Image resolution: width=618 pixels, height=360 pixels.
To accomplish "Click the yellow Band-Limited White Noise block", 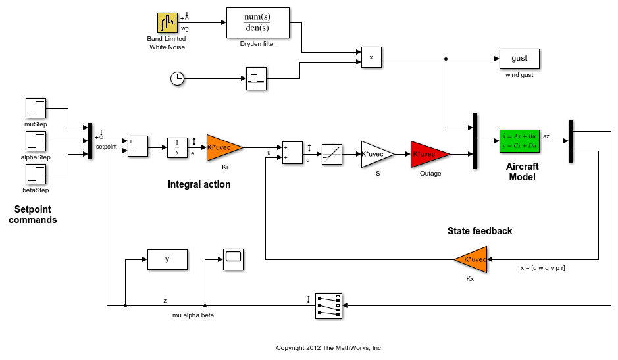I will (167, 23).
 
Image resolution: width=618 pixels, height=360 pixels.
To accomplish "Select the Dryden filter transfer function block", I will (257, 23).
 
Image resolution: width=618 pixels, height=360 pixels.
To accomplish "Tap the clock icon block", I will (177, 79).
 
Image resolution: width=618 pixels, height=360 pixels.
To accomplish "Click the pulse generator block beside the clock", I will (256, 78).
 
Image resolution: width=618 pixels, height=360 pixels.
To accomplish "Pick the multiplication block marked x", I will (371, 58).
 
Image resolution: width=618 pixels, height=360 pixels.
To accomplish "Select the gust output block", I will (519, 59).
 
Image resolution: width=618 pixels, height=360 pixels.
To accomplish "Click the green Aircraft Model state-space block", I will (519, 140).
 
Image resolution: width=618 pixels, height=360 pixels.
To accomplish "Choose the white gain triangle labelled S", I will (375, 154).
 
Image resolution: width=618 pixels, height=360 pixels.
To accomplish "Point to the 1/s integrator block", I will (177, 147).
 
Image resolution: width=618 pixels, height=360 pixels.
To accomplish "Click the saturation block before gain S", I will (332, 154).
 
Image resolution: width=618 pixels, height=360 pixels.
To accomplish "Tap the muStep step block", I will (36, 109).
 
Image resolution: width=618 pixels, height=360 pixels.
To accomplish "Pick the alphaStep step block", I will (36, 141).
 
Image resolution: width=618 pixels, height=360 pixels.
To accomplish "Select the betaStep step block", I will (36, 174).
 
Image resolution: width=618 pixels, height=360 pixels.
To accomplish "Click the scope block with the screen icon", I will (233, 259).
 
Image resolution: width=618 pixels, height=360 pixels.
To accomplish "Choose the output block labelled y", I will (167, 259).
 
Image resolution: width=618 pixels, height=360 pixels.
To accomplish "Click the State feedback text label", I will (479, 231).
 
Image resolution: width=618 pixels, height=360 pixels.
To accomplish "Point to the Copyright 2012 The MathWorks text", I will (329, 347).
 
